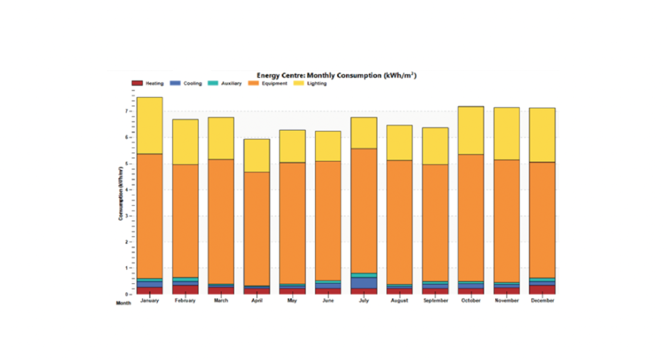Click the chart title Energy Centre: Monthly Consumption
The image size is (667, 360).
click(x=336, y=76)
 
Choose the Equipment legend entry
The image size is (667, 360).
click(x=269, y=84)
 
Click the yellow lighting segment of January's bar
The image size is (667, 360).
click(x=150, y=125)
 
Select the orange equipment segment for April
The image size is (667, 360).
click(x=257, y=229)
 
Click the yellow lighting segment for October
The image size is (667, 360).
click(x=471, y=130)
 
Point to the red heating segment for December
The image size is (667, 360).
click(x=542, y=290)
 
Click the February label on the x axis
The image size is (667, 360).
click(x=185, y=301)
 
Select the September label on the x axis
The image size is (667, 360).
click(x=435, y=301)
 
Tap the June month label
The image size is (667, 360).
click(x=328, y=301)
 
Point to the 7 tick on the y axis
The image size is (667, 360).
click(x=126, y=111)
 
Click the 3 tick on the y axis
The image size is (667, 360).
click(x=126, y=216)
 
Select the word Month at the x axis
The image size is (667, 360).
click(x=123, y=303)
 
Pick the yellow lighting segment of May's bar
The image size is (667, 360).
click(x=292, y=146)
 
